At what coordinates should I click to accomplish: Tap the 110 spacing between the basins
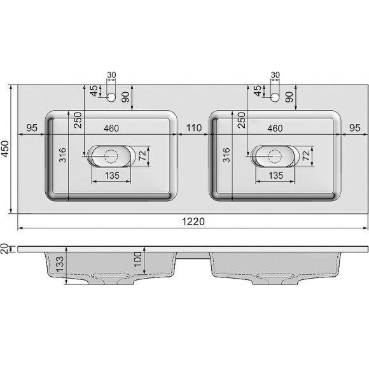tap(193, 129)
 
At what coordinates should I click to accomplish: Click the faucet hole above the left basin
tap(111, 97)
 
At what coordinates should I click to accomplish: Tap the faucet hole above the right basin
tap(275, 97)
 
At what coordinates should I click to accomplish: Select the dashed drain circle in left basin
tap(111, 155)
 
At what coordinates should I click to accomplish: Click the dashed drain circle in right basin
tap(275, 155)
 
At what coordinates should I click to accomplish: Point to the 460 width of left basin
tap(111, 129)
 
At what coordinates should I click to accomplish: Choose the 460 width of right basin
tap(275, 129)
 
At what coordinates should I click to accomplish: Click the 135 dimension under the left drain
tap(111, 175)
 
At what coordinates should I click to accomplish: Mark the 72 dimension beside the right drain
tap(306, 155)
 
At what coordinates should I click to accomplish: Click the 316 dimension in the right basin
tap(228, 155)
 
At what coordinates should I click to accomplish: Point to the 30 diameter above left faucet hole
tap(111, 75)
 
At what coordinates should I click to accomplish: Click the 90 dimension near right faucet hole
tap(289, 97)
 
